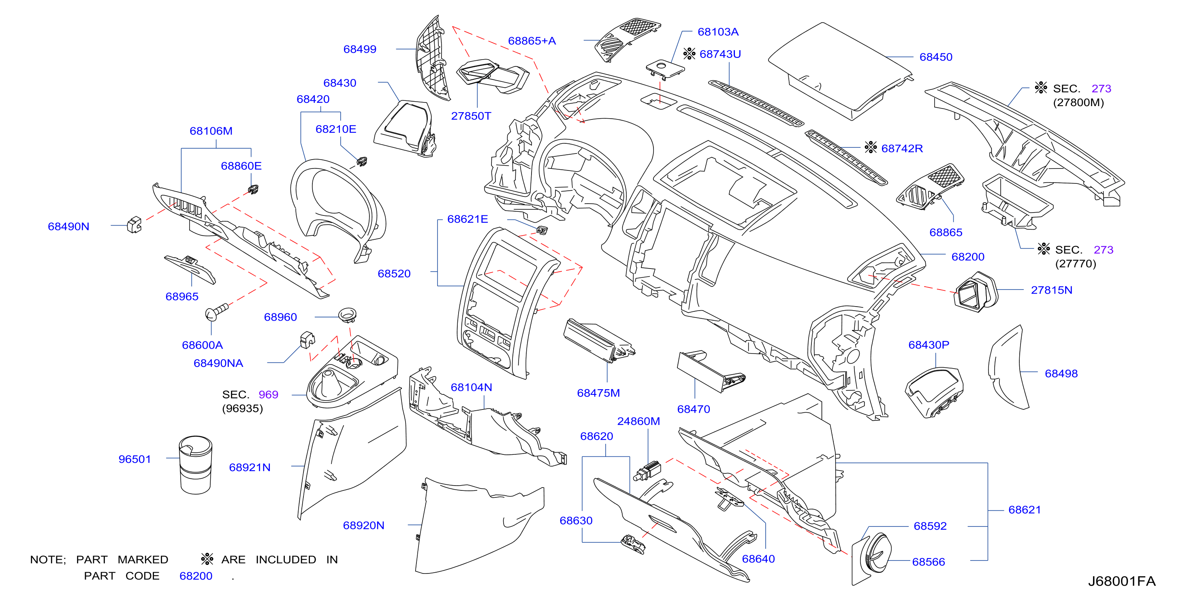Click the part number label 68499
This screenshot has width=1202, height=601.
tap(359, 49)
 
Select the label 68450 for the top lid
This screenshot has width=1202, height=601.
tap(935, 57)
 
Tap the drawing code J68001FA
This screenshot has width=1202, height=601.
tap(1121, 581)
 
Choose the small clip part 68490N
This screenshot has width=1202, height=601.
tap(135, 224)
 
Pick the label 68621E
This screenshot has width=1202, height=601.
tap(467, 219)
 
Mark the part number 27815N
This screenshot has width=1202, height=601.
tap(1051, 290)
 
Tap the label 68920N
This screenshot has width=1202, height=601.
tap(363, 525)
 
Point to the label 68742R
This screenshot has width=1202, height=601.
tap(901, 148)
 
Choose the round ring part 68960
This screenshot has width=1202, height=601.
tap(347, 315)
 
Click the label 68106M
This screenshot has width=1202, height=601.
tap(211, 131)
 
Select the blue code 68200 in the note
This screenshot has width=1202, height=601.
tap(196, 576)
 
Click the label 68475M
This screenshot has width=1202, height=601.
tap(598, 393)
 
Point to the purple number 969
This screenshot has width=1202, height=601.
tap(268, 394)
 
